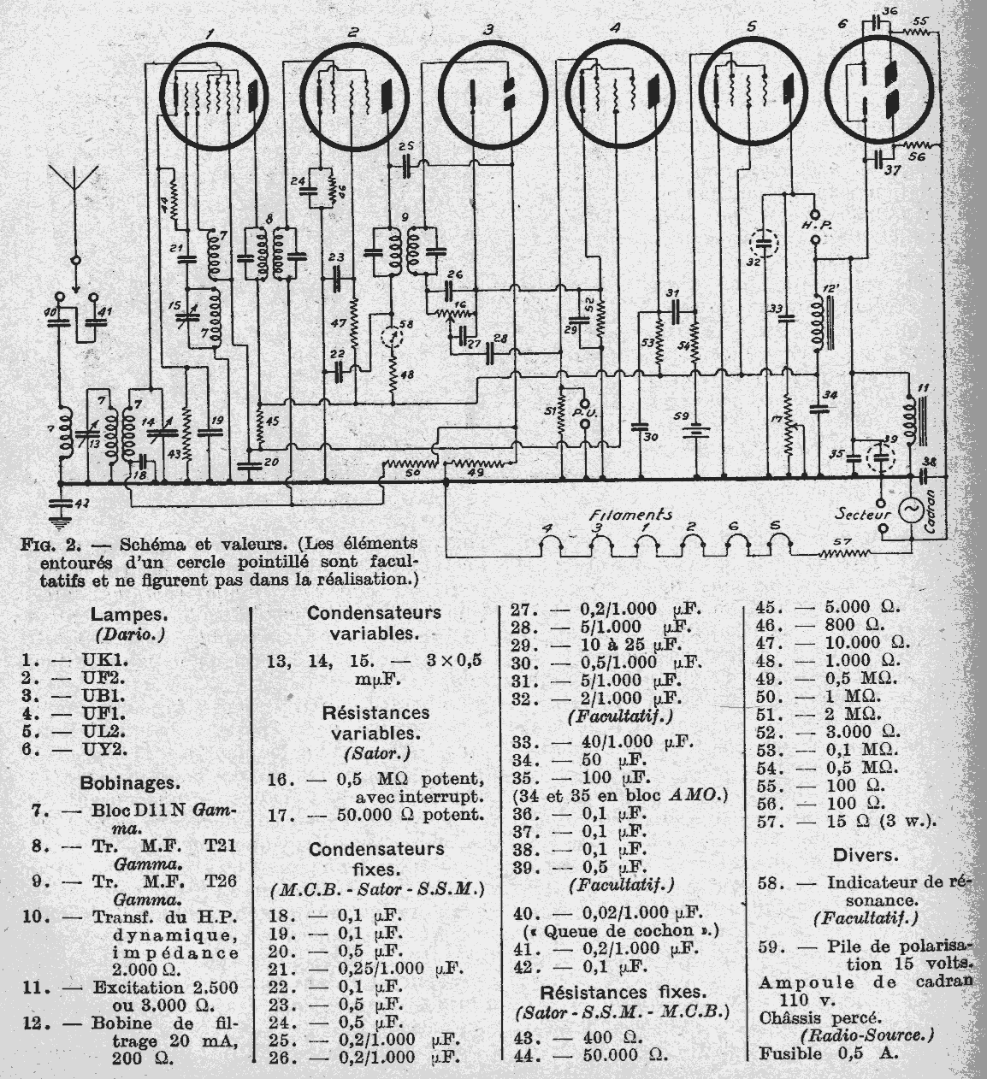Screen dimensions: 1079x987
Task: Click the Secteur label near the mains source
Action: (x=862, y=515)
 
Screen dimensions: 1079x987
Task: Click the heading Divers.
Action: (x=866, y=854)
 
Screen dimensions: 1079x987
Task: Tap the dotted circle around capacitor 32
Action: (x=766, y=243)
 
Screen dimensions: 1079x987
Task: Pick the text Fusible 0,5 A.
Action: (x=829, y=1052)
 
